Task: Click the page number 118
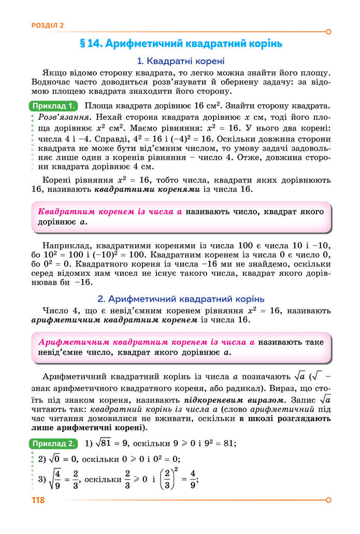pos(38,500)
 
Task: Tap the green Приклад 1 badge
pos(54,106)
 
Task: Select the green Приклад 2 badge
pos(54,444)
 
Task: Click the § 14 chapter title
pos(181,44)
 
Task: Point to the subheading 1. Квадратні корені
pos(181,61)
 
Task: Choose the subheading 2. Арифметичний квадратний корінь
pos(181,299)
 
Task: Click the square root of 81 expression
pos(107,443)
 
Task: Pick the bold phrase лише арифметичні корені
pos(89,428)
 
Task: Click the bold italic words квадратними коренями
pos(147,190)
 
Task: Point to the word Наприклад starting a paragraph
pos(66,245)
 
